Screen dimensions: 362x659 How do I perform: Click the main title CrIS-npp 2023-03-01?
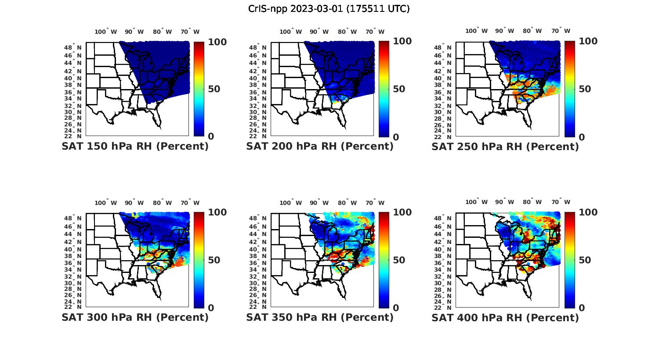tap(329, 9)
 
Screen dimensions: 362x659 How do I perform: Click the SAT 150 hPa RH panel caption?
tap(135, 147)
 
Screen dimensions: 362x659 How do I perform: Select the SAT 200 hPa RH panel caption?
tap(320, 147)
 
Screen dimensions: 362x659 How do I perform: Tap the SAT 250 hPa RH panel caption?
tap(505, 147)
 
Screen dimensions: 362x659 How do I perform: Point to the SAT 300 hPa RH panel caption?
tap(135, 317)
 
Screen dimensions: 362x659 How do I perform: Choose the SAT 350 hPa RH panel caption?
tap(320, 317)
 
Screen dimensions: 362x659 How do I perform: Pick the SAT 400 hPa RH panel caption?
tap(505, 318)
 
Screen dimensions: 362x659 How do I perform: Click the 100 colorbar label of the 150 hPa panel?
tap(217, 42)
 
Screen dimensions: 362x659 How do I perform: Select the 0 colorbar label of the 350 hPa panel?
tap(395, 308)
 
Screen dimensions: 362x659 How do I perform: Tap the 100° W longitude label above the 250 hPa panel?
tap(476, 31)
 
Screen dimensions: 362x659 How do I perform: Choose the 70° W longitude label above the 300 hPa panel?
tap(190, 203)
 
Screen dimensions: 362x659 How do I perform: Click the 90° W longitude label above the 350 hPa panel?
tap(319, 203)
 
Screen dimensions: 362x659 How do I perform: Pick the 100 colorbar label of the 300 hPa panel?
tap(217, 212)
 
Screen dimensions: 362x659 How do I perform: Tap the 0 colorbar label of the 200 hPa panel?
tap(395, 137)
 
